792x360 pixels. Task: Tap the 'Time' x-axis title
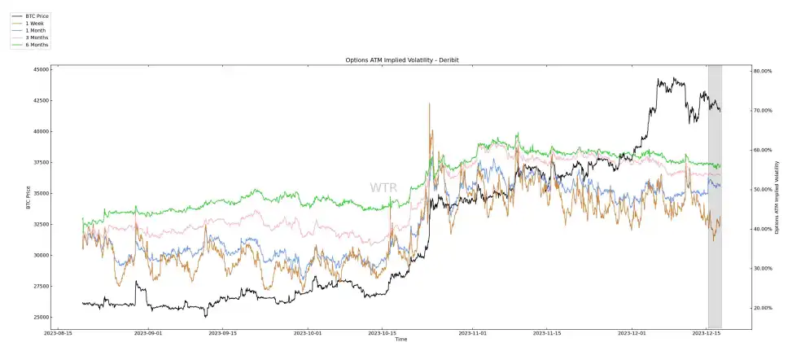click(401, 339)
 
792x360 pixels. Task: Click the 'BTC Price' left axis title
click(28, 196)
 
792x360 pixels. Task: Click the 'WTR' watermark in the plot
click(383, 188)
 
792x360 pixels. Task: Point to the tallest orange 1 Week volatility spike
click(429, 105)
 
